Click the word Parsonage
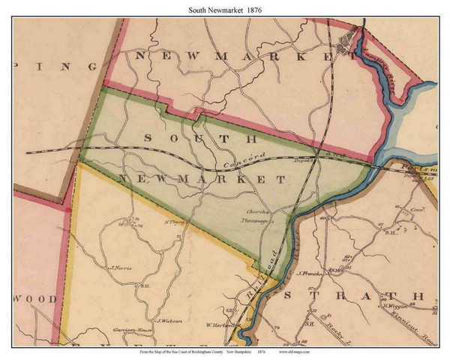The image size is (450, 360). (x=254, y=222)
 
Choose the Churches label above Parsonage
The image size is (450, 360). (x=256, y=212)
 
